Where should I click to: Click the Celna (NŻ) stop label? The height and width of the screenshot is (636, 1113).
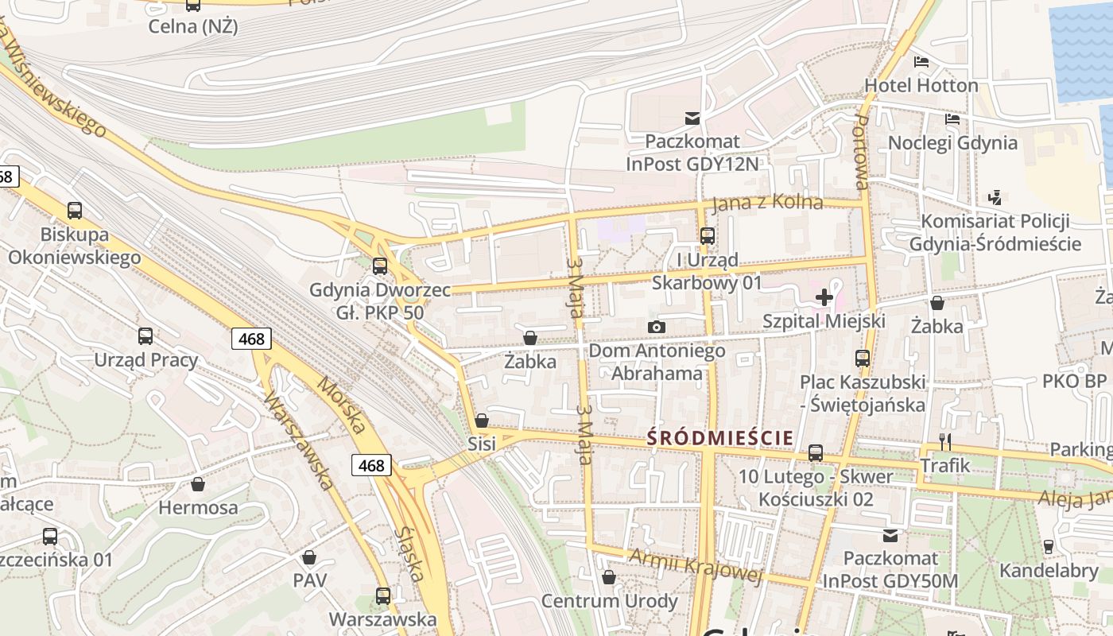[193, 26]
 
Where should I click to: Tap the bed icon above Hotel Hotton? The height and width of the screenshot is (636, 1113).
[921, 62]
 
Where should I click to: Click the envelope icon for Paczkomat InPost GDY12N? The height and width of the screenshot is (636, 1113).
[692, 118]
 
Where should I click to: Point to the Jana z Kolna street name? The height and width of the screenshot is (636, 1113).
[767, 203]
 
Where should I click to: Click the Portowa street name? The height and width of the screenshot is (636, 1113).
[861, 151]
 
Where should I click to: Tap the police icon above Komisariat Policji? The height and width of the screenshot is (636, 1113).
[995, 196]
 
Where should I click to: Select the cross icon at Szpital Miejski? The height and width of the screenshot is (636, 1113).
[824, 298]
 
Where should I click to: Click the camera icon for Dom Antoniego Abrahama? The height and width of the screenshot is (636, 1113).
[657, 327]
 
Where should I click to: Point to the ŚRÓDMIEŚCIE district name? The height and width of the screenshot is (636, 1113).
[720, 438]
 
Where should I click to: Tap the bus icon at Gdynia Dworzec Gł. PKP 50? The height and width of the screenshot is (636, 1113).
[380, 266]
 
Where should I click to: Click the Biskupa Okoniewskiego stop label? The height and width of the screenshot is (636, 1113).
[74, 246]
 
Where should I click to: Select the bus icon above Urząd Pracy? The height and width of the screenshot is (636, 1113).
[145, 336]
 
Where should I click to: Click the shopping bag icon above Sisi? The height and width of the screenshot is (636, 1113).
[481, 421]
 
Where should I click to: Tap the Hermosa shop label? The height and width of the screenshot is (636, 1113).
[198, 507]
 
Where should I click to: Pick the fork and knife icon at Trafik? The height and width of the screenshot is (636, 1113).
[945, 442]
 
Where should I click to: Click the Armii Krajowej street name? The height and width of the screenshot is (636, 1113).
[696, 564]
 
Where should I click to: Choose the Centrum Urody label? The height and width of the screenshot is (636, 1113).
[609, 600]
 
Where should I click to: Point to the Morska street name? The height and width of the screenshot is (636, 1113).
[342, 405]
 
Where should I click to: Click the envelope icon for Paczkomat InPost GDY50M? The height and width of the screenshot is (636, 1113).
[890, 536]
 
